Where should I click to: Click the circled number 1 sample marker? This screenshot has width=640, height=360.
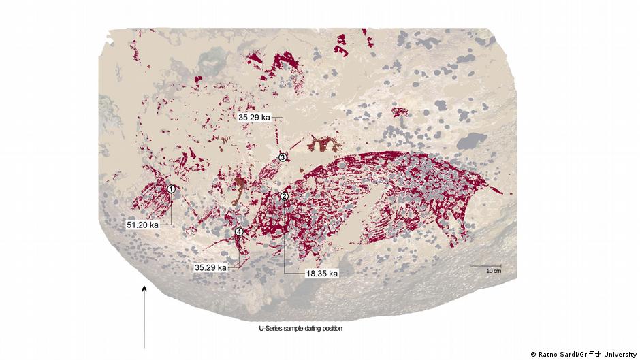tap(172, 189)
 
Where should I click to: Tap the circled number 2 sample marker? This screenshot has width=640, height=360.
tap(285, 196)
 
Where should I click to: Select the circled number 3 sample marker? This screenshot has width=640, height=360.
tap(283, 157)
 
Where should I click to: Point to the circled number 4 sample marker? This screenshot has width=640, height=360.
tap(239, 232)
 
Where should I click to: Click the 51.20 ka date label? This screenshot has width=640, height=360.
tap(143, 223)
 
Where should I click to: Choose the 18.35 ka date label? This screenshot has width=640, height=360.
tap(322, 273)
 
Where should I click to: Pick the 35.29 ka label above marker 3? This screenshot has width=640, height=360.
tap(255, 117)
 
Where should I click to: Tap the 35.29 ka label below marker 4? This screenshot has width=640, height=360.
tap(210, 267)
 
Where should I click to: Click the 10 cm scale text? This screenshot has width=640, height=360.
tap(493, 271)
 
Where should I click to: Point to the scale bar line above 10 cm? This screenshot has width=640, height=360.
tap(486, 265)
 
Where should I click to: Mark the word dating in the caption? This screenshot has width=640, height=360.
tap(306, 329)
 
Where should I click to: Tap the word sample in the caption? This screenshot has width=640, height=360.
tap(290, 329)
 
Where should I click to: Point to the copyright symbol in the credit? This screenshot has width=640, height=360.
tap(533, 354)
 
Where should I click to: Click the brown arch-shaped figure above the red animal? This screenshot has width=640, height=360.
tap(322, 143)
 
